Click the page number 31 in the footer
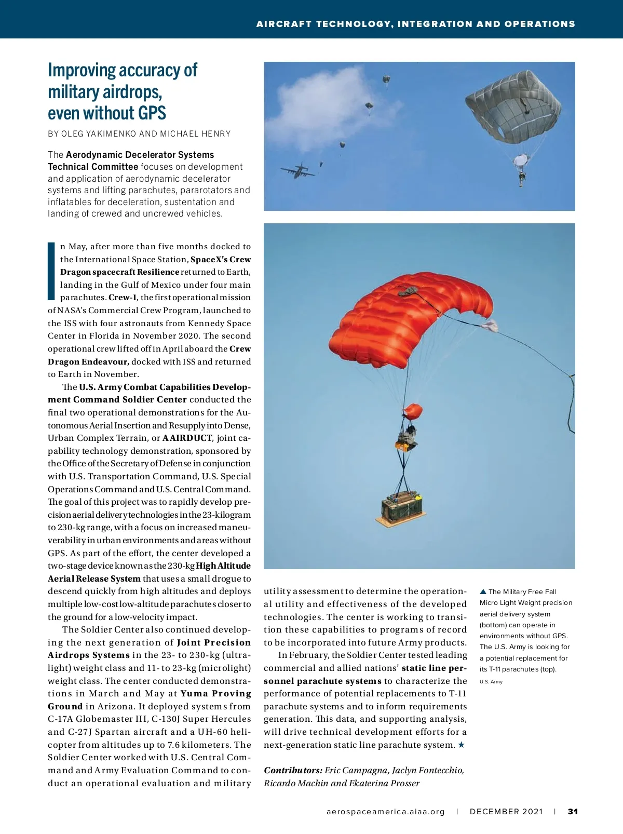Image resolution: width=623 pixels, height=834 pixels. tap(573, 812)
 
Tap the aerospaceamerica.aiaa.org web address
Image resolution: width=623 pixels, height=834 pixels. tap(386, 812)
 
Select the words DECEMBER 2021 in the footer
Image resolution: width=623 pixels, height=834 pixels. tap(506, 812)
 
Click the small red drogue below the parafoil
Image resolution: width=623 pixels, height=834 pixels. tap(413, 411)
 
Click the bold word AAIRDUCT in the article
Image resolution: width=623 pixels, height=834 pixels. tap(187, 438)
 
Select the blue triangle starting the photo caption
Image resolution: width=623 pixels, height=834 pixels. tap(483, 591)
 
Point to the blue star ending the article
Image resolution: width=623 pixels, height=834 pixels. tap(462, 745)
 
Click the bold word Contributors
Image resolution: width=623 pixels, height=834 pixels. tap(293, 770)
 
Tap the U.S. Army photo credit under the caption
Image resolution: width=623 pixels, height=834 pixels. tap(491, 682)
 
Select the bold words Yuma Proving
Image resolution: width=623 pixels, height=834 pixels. tap(215, 694)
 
